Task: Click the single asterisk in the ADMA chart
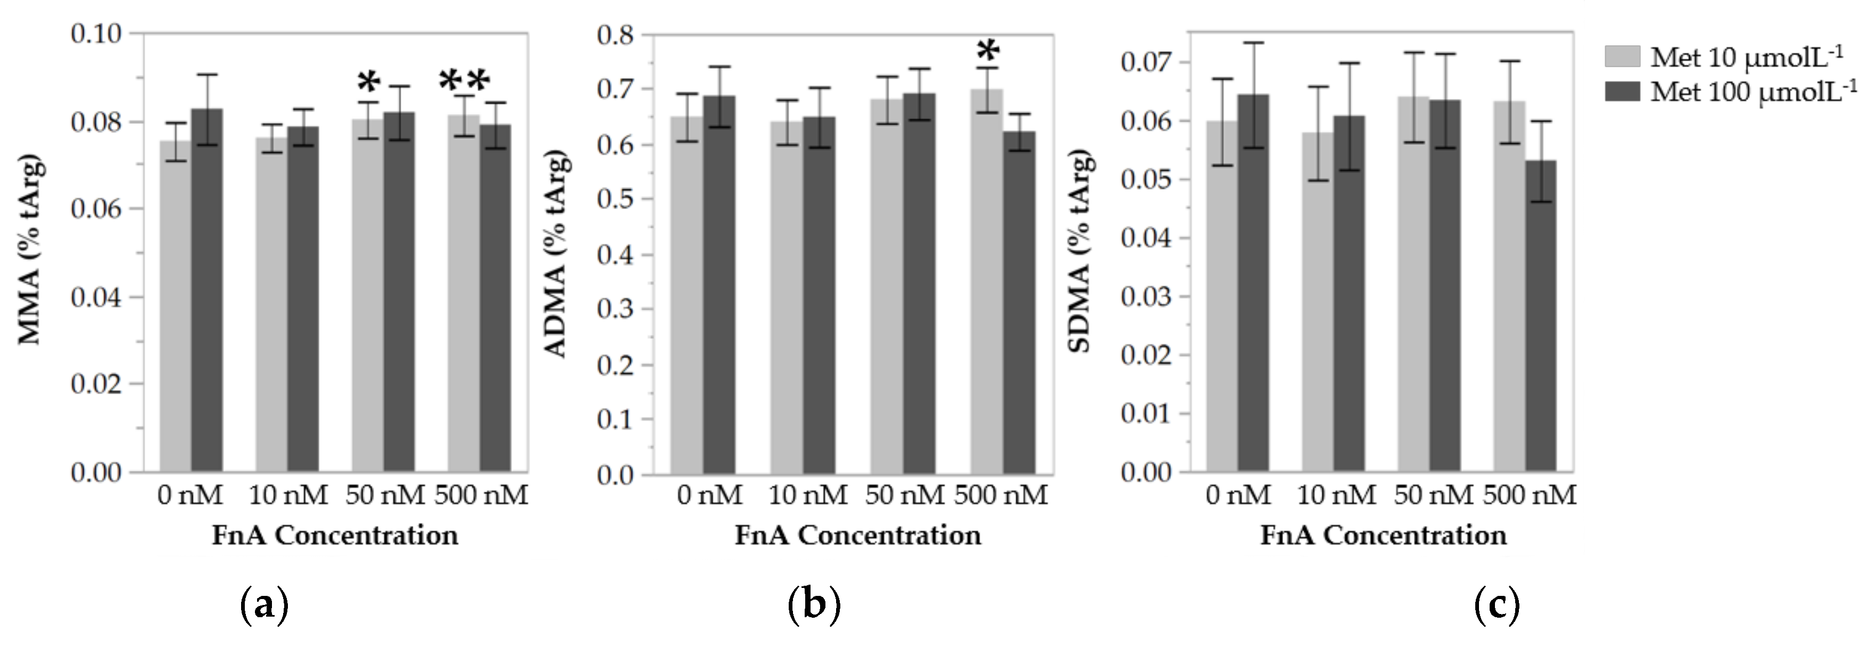988,53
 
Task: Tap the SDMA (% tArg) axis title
1081,251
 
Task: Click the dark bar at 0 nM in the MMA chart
207,291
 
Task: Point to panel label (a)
263,605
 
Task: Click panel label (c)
1497,605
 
